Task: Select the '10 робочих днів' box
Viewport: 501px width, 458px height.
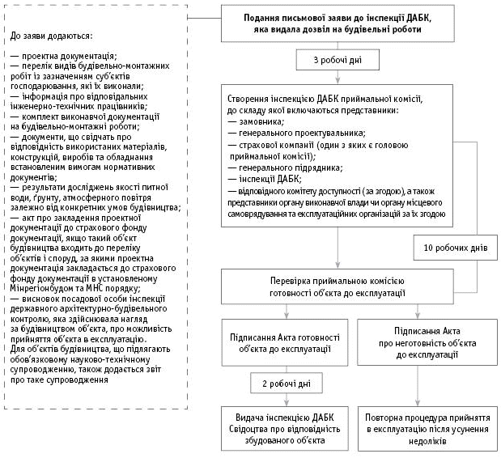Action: pyautogui.click(x=456, y=248)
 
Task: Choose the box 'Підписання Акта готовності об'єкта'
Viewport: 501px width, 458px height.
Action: pyautogui.click(x=286, y=342)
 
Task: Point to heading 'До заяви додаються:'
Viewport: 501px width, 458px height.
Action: pyautogui.click(x=53, y=36)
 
